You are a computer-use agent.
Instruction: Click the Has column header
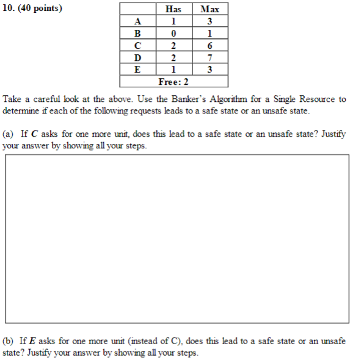tap(173, 9)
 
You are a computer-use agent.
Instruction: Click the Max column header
tap(210, 9)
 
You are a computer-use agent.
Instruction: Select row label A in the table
tap(138, 21)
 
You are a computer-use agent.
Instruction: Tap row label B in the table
tap(138, 33)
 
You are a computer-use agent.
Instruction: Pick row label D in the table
tap(138, 57)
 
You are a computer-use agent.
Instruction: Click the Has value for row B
tap(173, 33)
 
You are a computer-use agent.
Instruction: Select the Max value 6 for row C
tap(210, 45)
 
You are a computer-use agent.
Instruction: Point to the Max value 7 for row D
tap(210, 57)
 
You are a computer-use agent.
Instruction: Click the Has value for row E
tap(173, 69)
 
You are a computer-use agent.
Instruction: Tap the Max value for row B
tap(210, 33)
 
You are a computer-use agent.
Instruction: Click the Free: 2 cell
tap(173, 81)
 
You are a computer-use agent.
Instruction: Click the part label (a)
tap(9, 134)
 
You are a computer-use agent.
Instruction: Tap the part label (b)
tap(9, 341)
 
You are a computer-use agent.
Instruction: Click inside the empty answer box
tap(177, 239)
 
